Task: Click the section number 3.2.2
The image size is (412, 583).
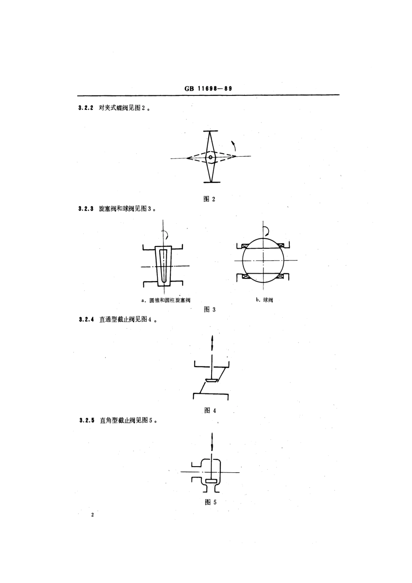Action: click(x=86, y=108)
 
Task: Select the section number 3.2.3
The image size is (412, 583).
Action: click(x=86, y=209)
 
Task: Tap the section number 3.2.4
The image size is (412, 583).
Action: click(x=86, y=320)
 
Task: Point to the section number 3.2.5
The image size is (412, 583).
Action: click(x=86, y=421)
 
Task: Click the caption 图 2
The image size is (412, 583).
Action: click(x=209, y=199)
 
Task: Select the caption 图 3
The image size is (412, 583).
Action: click(x=209, y=310)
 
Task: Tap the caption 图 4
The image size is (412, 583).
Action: click(x=209, y=411)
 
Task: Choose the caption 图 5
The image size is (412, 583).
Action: click(x=210, y=502)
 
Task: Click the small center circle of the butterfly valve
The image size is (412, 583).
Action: click(x=210, y=157)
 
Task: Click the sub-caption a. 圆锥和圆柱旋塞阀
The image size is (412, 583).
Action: click(x=166, y=300)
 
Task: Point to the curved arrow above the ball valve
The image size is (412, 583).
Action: click(x=267, y=229)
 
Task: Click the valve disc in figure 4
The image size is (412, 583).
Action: click(x=212, y=381)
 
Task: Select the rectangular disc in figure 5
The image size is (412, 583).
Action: click(x=211, y=481)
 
